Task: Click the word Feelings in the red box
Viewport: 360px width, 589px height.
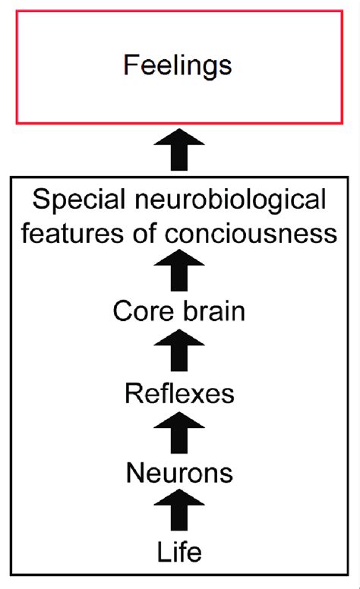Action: coord(177,66)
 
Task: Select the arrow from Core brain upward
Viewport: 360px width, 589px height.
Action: coord(180,270)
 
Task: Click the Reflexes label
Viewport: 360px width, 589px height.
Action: coord(179,393)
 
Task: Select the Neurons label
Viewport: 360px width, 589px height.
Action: coord(179,474)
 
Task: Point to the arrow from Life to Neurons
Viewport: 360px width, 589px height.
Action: coord(180,511)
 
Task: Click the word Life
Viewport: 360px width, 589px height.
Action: coord(179,552)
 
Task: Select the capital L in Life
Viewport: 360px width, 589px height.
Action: coord(163,552)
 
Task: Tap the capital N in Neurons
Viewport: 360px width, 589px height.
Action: coord(135,474)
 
